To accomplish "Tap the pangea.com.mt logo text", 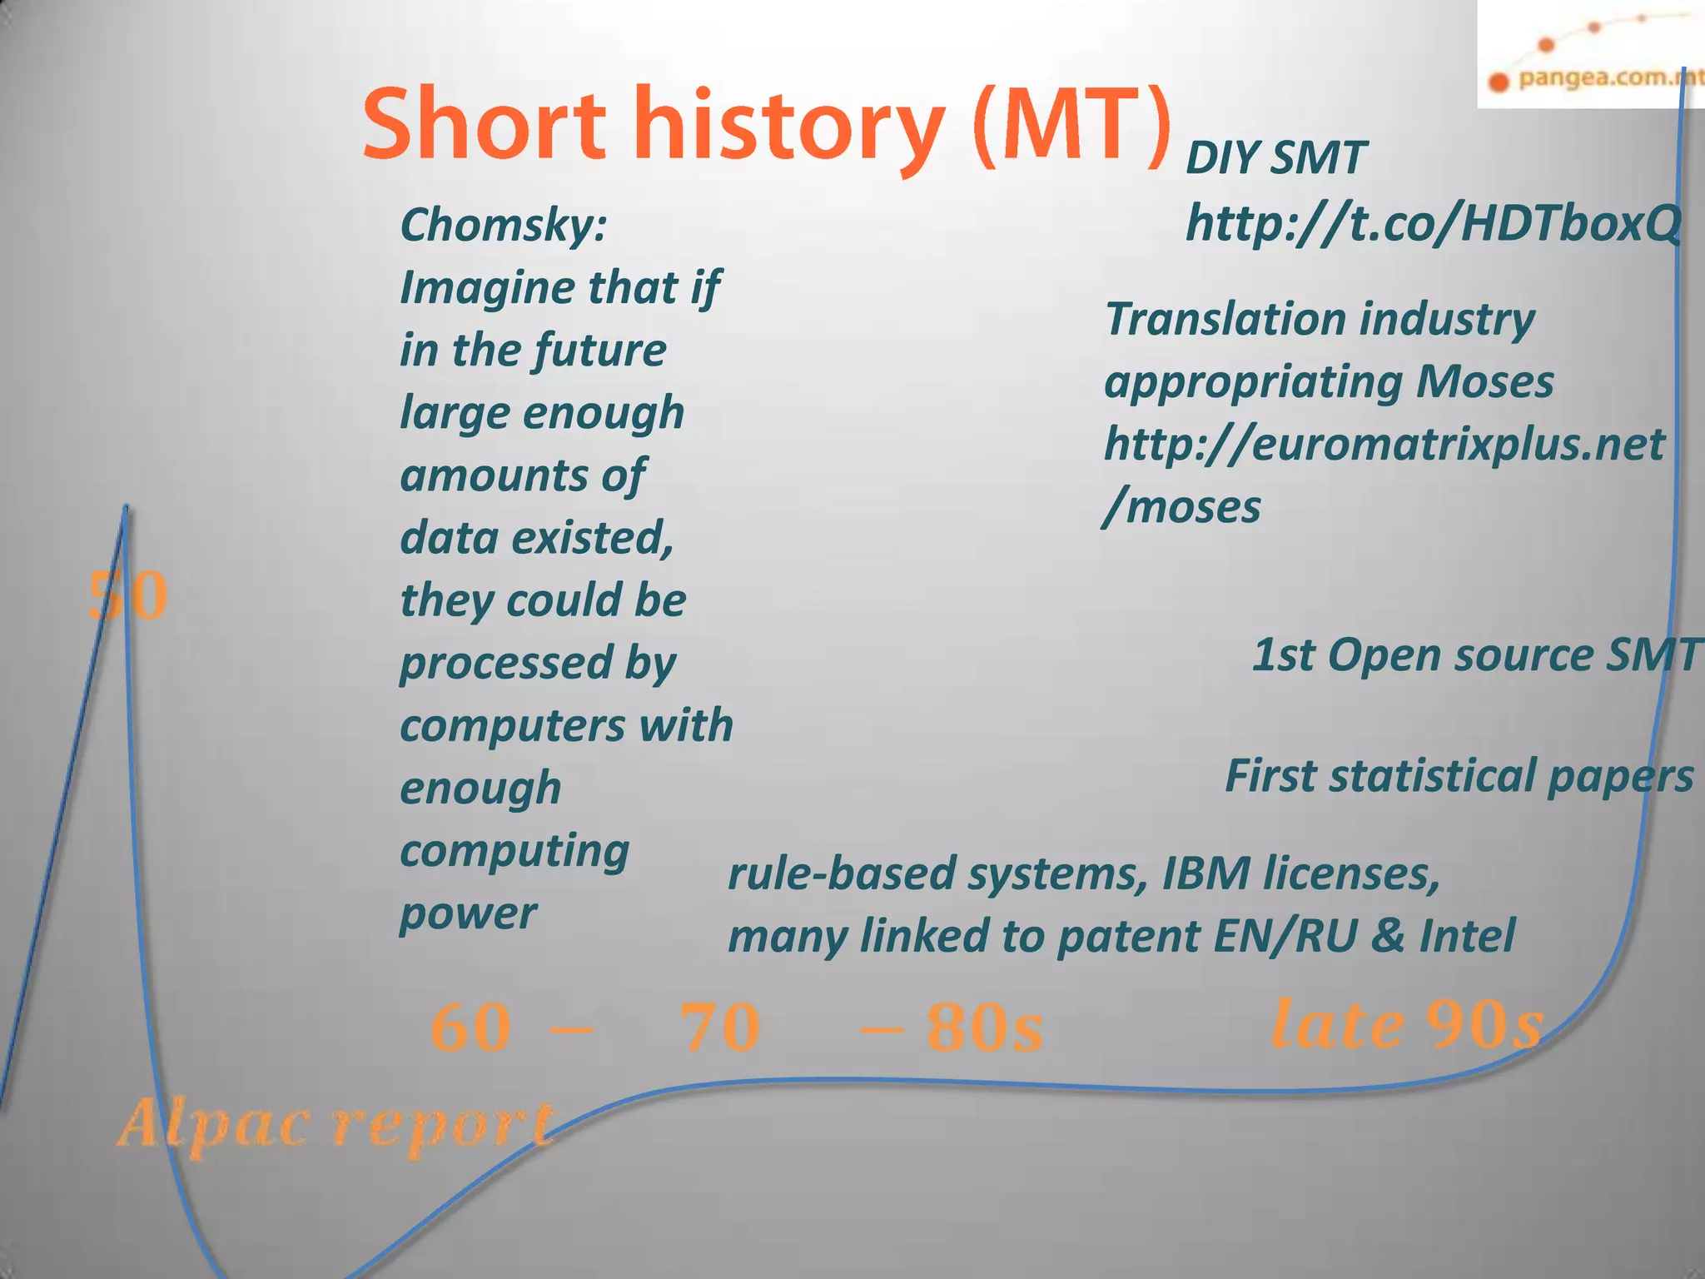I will click(1607, 79).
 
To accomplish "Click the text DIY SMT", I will click(1275, 157).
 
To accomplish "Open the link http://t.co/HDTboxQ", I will click(1432, 223).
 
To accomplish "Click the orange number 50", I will click(128, 596).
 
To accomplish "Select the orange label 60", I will click(470, 1028).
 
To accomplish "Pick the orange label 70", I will click(720, 1028).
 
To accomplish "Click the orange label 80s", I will click(984, 1028).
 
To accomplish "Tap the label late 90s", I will click(1407, 1024).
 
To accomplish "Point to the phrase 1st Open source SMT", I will click(1475, 654).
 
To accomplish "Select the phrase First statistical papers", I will click(1459, 776).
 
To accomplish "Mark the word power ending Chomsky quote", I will click(468, 914).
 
